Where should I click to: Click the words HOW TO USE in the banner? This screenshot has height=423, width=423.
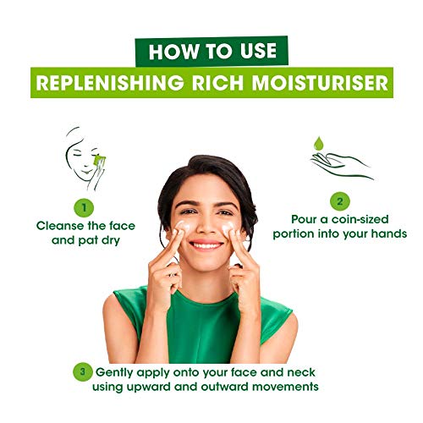211,51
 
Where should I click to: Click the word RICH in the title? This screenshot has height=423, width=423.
226,84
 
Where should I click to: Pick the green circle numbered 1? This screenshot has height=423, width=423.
85,206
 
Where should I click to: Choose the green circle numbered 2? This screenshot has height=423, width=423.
338,201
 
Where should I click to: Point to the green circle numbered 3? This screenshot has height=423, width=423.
81,370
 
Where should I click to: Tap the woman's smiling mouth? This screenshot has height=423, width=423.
206,246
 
